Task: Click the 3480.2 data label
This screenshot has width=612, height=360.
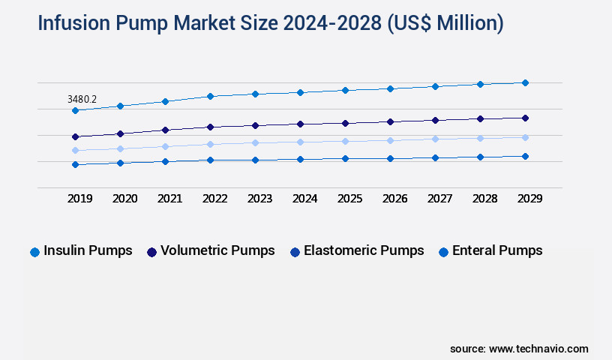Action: (82, 98)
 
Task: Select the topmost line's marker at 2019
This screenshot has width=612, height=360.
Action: (75, 110)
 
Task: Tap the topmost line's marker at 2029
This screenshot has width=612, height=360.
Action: (525, 82)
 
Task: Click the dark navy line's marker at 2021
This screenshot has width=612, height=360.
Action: (165, 130)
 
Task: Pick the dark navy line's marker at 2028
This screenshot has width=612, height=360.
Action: (480, 118)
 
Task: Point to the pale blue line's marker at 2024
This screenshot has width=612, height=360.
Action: (300, 142)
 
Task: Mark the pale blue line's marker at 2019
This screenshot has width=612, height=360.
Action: (75, 150)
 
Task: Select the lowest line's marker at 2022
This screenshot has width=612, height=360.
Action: (210, 160)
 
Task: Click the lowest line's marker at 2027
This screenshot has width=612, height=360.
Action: (435, 157)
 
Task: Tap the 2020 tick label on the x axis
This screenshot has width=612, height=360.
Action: (124, 199)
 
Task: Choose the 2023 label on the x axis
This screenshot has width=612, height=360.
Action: (259, 199)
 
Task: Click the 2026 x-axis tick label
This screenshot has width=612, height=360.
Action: (394, 199)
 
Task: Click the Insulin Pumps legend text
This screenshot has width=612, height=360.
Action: (88, 250)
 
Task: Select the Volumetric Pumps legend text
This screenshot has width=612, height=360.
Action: (217, 250)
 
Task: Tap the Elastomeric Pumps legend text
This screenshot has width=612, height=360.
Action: (363, 250)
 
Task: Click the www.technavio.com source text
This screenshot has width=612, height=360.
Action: (538, 349)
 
